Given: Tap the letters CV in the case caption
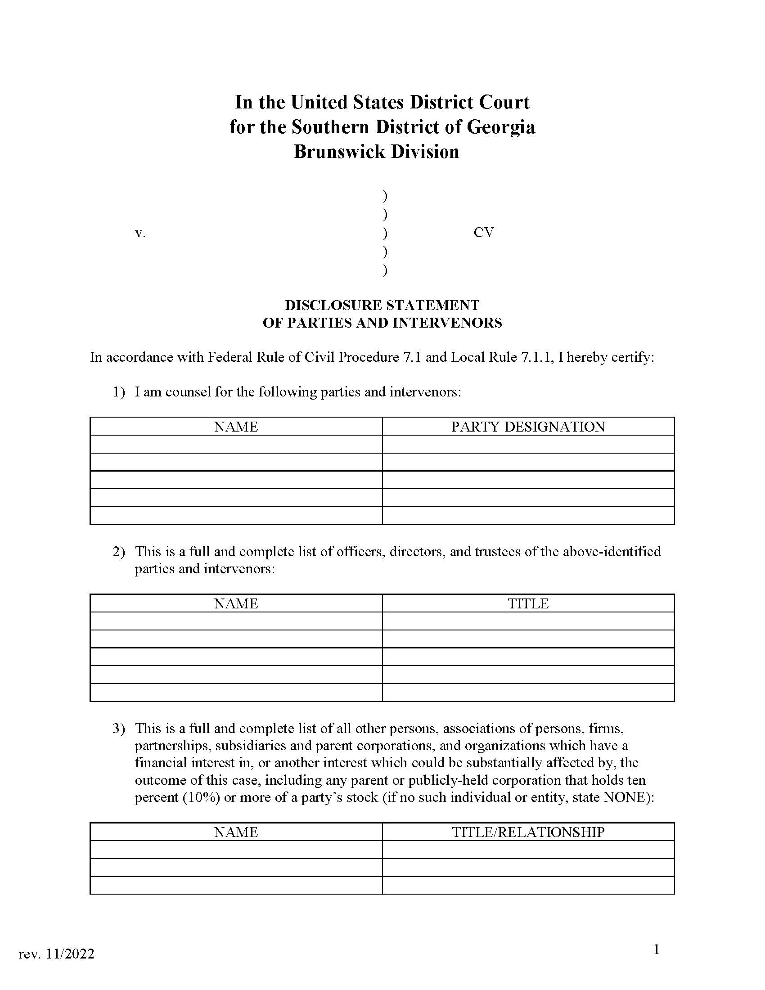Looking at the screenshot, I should pyautogui.click(x=483, y=233).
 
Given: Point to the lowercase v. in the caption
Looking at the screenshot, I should pyautogui.click(x=140, y=234).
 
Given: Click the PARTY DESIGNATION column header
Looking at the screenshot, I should pyautogui.click(x=528, y=427).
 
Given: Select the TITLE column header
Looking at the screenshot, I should pyautogui.click(x=528, y=603).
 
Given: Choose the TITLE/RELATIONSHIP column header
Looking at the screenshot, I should pyautogui.click(x=528, y=832).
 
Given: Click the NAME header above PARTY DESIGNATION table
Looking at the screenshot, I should pyautogui.click(x=236, y=427).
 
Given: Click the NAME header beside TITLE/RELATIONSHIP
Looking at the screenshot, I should pyautogui.click(x=236, y=832).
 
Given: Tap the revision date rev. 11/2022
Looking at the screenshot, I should pyautogui.click(x=57, y=954).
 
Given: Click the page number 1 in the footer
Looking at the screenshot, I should pyautogui.click(x=656, y=949).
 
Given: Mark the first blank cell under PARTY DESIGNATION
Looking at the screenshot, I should pyautogui.click(x=528, y=444).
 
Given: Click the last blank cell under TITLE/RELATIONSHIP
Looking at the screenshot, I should pyautogui.click(x=528, y=885).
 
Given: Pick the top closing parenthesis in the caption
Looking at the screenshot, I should pyautogui.click(x=385, y=196).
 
